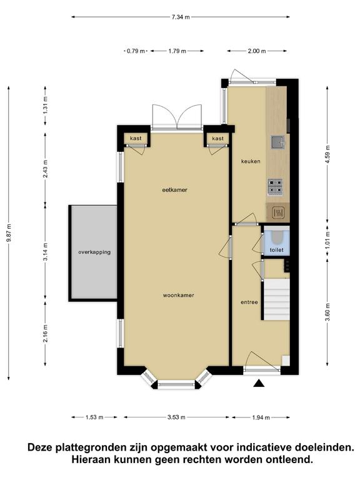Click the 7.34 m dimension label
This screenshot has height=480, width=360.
coord(181,17)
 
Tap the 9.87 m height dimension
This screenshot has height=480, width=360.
coord(9,233)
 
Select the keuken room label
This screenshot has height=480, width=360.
coord(251,161)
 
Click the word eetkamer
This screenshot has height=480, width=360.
coord(174,190)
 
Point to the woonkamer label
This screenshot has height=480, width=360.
coord(179,296)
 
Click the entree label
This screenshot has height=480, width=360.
coord(249,302)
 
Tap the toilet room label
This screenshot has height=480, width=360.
coord(276,250)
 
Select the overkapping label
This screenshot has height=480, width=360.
coord(94,252)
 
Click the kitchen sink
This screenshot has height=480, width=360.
coord(277,142)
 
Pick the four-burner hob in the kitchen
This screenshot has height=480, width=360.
coord(275,187)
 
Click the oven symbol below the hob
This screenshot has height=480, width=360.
coord(278,212)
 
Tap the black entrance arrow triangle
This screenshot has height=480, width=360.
coord(259,383)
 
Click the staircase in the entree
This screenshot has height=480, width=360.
coord(277,299)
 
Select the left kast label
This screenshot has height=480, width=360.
coord(136,138)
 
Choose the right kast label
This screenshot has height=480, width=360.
coord(218,139)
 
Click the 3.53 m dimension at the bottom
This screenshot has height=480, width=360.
coord(176,417)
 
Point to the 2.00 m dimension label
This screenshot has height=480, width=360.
coord(257,51)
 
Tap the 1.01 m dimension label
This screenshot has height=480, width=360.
coord(327,240)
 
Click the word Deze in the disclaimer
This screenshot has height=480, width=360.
coord(40,447)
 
